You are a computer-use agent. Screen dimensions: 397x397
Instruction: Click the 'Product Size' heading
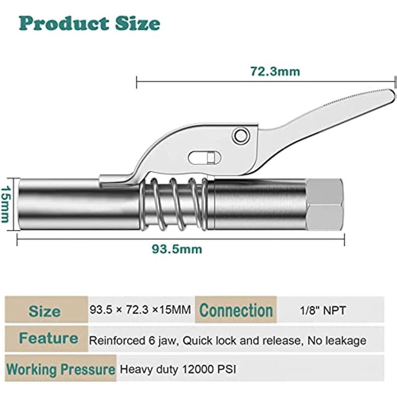click(90, 24)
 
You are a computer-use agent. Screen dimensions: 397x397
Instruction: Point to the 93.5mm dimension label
click(176, 249)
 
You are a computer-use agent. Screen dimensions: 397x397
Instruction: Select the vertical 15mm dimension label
click(5, 204)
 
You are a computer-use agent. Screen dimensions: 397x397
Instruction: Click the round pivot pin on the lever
click(240, 136)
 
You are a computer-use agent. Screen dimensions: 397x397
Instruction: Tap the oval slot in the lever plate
click(204, 157)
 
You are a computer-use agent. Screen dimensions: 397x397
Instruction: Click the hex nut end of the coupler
click(325, 204)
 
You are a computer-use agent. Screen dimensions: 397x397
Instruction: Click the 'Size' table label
click(45, 311)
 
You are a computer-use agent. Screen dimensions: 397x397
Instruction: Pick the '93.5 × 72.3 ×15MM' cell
click(140, 310)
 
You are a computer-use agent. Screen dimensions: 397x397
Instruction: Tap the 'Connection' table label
click(236, 311)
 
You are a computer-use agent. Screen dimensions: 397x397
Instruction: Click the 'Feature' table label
click(48, 338)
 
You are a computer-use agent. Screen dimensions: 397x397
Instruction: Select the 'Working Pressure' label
click(61, 369)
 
